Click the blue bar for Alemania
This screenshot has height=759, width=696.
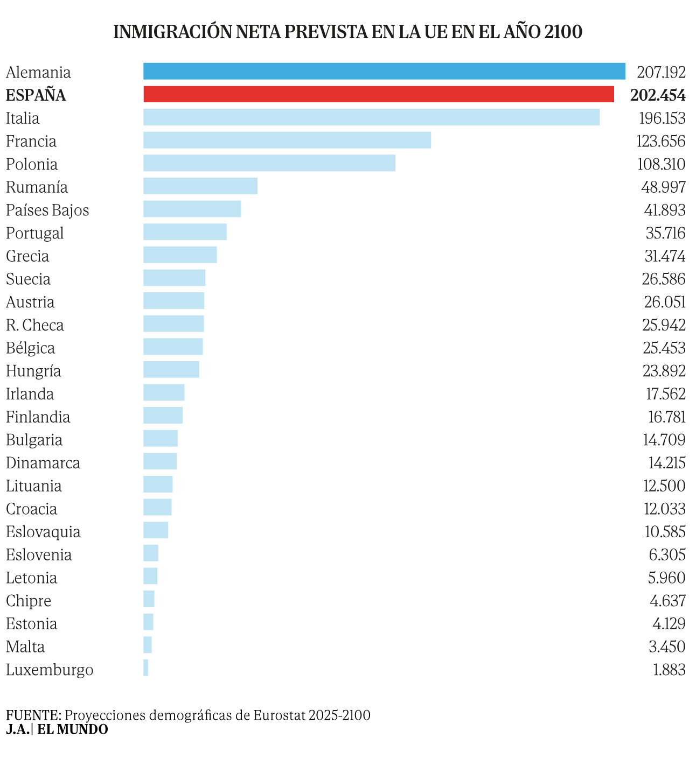click(384, 72)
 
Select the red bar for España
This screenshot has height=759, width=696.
click(379, 94)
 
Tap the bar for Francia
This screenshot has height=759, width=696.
click(287, 140)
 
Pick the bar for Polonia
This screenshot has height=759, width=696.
click(269, 163)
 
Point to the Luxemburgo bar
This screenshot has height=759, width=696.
click(146, 668)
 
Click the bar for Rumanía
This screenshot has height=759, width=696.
click(200, 186)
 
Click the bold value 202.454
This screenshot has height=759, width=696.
click(658, 95)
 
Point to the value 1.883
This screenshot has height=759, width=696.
click(669, 670)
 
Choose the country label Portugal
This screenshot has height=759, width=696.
click(35, 233)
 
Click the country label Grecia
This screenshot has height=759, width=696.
click(27, 256)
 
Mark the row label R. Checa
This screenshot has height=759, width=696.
click(35, 325)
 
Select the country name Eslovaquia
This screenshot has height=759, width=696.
click(44, 532)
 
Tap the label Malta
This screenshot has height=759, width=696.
click(25, 646)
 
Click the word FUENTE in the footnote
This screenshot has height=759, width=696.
click(33, 715)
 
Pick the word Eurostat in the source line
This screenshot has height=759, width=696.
click(279, 715)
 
